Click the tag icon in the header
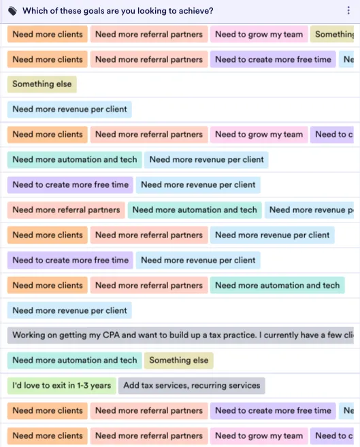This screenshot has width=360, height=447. [x=12, y=11]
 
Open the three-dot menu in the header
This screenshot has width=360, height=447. [x=348, y=11]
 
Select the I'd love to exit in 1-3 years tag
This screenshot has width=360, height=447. [x=61, y=385]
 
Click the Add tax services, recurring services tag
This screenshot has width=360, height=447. [x=191, y=385]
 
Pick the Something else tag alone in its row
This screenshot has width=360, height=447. [x=42, y=84]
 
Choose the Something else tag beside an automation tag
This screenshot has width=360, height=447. [x=179, y=361]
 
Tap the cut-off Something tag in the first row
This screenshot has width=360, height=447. [x=332, y=34]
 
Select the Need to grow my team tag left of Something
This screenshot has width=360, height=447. [x=259, y=34]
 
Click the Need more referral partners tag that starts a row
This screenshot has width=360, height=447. [x=66, y=210]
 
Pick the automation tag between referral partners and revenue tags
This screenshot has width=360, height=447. [x=195, y=210]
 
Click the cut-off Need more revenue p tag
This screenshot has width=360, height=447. [x=309, y=210]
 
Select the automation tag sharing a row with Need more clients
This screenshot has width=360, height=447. [x=278, y=285]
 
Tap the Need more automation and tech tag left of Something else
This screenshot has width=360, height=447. [x=75, y=361]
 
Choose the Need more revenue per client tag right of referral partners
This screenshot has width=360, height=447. [x=272, y=235]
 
